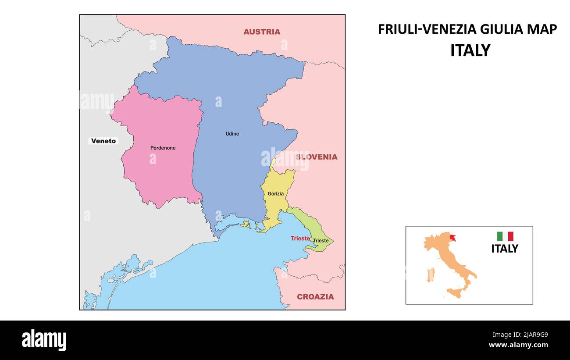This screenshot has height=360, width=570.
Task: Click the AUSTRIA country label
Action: [x=262, y=32]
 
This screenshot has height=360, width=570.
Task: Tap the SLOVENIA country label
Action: [x=317, y=157]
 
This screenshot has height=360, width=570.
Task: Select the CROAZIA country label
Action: [x=315, y=296]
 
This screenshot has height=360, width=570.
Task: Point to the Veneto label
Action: [x=104, y=141]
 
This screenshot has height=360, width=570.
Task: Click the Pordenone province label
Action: [x=163, y=148]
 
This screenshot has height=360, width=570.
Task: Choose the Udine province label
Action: [x=232, y=134]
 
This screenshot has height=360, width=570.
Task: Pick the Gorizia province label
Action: [x=276, y=193]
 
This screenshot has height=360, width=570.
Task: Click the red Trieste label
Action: [x=300, y=239]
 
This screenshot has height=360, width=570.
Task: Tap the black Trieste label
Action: [x=321, y=241]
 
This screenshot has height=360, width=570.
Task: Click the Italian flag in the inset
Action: [x=505, y=236]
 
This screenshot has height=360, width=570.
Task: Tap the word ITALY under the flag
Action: [x=504, y=249]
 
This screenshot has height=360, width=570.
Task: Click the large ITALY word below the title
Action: [x=470, y=50]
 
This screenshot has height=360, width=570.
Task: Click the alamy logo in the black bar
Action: [x=44, y=340]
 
